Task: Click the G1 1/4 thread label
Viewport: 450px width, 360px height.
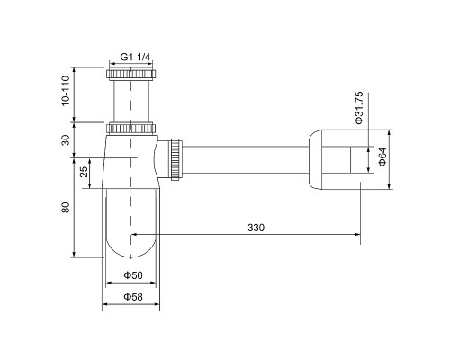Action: (135, 57)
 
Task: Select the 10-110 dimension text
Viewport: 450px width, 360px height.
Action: (66, 91)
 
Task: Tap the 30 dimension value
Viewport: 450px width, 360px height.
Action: (66, 139)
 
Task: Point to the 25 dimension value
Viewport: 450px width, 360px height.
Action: (85, 172)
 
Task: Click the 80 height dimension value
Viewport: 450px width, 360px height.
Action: (66, 208)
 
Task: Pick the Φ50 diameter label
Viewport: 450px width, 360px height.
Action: (133, 275)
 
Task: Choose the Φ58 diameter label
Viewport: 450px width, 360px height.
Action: (133, 297)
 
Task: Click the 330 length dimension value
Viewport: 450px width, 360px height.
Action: (256, 228)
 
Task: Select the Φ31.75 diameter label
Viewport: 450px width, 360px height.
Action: (359, 107)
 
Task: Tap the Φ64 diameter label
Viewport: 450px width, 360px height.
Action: (382, 157)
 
